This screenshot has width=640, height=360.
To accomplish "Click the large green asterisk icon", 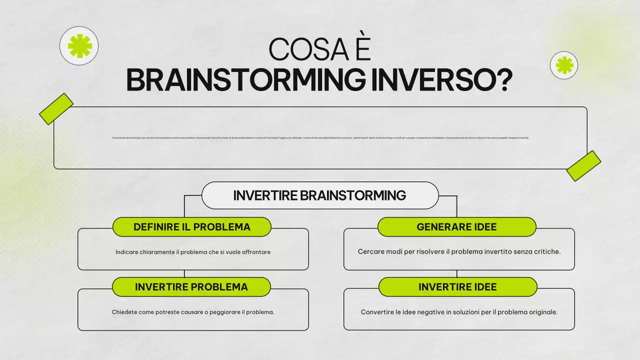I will point(79,46).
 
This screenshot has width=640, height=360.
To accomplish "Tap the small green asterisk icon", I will point(564,65).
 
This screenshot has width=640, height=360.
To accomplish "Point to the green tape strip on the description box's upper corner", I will point(56,108).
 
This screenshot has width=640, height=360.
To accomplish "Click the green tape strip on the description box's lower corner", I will point(583,165).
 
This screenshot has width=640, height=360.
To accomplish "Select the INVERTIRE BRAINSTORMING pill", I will point(319,195).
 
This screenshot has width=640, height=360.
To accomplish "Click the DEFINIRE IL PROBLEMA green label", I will point(191,227).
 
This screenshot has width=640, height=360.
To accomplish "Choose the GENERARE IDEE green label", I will point(456,227).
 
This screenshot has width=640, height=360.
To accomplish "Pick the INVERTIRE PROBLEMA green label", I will point(191,287).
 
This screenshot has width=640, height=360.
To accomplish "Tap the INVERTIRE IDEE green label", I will point(457,287).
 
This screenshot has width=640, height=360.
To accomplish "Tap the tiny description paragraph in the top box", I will point(320,138).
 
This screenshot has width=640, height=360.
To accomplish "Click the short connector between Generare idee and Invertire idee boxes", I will point(457,273).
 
